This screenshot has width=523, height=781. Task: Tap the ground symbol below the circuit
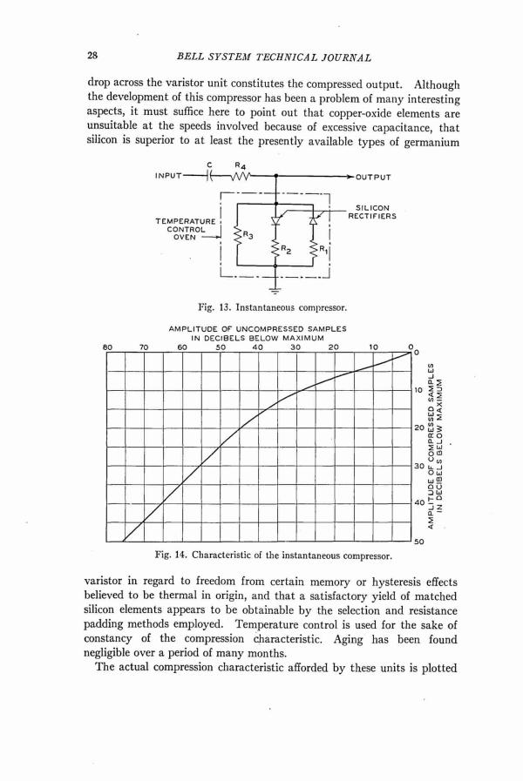point(276,293)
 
